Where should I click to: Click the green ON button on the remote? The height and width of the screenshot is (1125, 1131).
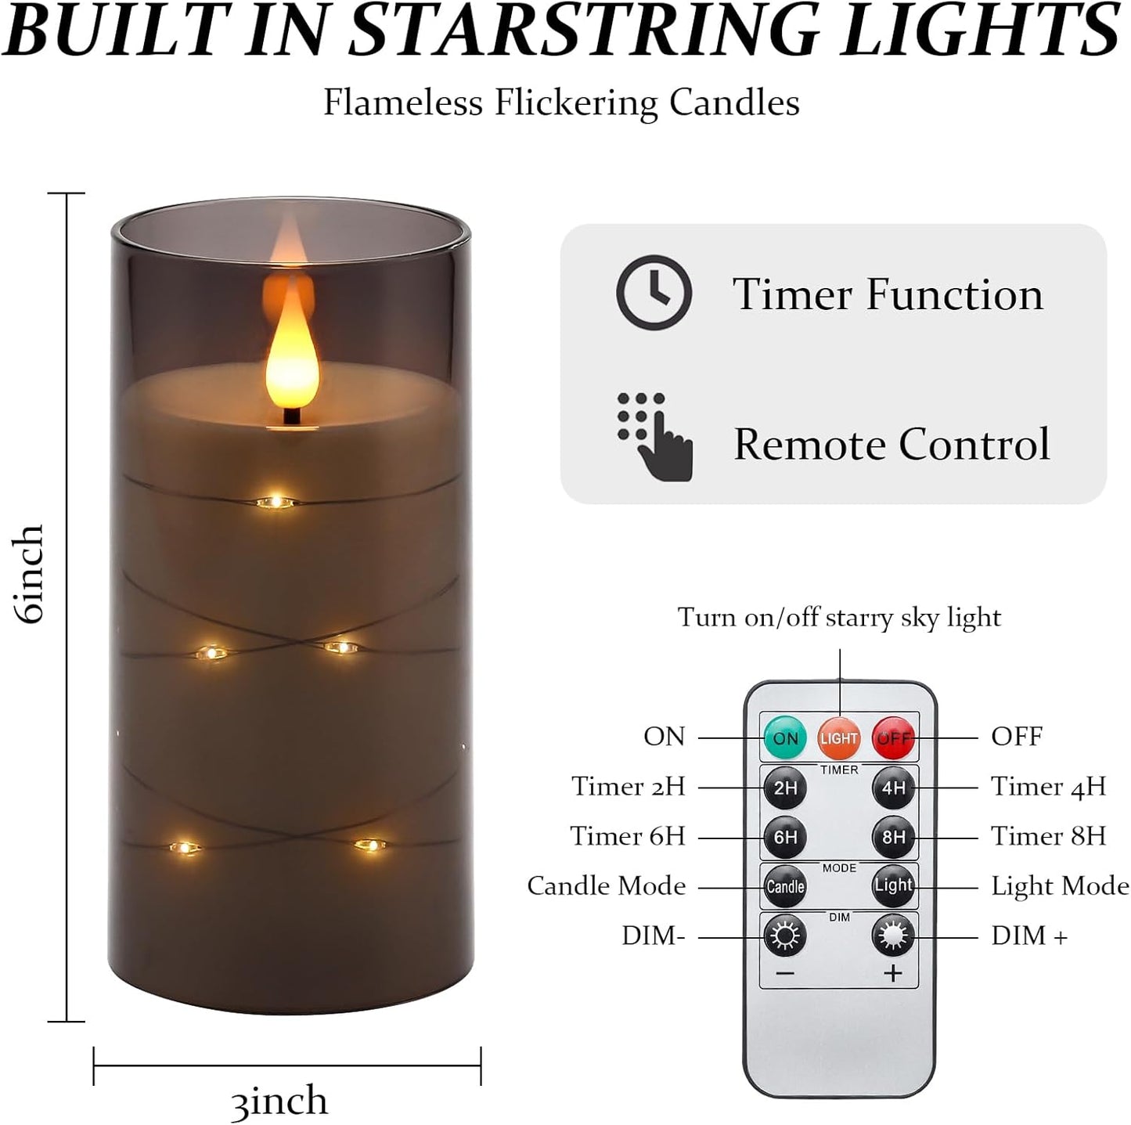click(785, 737)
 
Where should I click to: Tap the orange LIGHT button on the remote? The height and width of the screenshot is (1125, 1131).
click(839, 737)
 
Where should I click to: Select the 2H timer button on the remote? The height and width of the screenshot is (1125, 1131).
click(785, 788)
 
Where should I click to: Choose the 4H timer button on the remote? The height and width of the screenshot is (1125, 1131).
click(893, 788)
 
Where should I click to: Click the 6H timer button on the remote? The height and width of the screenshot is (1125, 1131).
click(785, 837)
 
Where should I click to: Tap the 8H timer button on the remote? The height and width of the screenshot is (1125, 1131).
click(893, 837)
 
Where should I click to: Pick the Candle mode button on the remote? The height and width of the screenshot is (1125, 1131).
click(785, 886)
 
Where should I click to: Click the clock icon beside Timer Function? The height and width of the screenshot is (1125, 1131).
click(654, 292)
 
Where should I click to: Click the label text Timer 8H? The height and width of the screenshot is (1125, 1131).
click(1048, 836)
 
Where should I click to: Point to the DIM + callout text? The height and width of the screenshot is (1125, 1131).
click(1028, 936)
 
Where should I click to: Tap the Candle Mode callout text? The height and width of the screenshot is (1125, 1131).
click(607, 886)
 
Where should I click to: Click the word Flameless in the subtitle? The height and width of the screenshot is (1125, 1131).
click(403, 103)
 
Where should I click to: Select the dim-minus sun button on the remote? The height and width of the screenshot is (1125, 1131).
click(785, 936)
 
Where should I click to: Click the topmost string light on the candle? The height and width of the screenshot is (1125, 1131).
click(275, 502)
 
